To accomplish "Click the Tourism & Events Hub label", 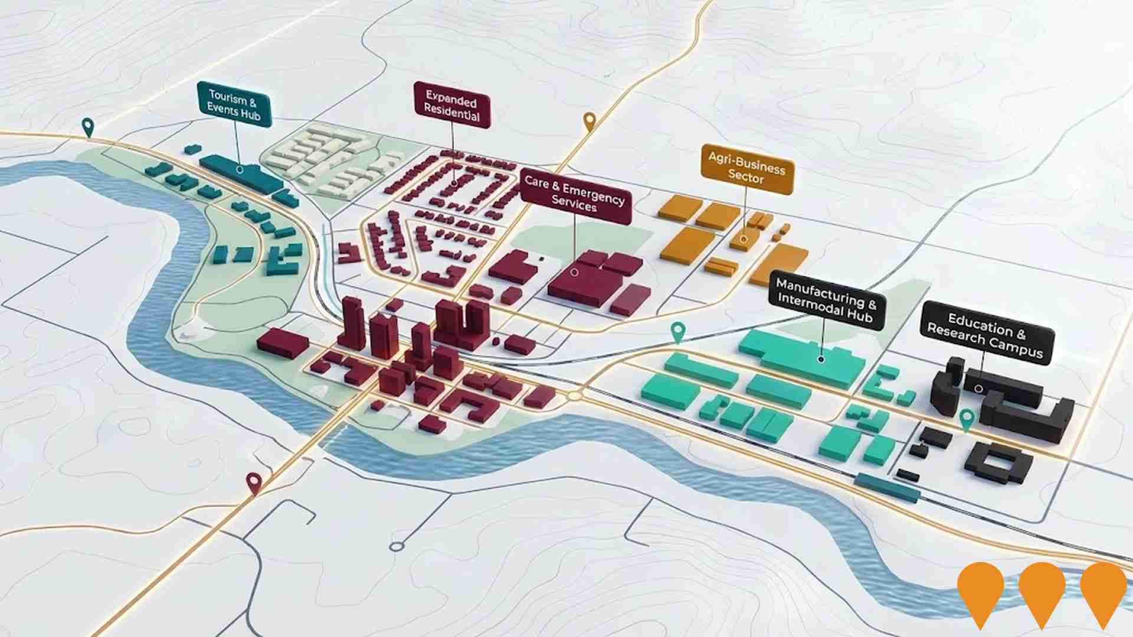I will [x=234, y=104].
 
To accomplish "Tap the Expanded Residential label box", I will [x=452, y=106].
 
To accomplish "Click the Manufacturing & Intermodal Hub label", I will [x=827, y=301].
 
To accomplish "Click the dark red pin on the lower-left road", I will [x=254, y=482].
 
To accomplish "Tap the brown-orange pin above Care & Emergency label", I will [x=590, y=122].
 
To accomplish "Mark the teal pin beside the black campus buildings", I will [x=966, y=419].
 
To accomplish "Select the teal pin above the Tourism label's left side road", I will [x=88, y=126].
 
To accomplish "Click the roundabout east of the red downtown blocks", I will [x=574, y=396].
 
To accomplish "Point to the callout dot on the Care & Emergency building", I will [x=574, y=272].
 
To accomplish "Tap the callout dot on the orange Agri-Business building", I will [x=744, y=239].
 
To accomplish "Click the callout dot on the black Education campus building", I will [x=979, y=389].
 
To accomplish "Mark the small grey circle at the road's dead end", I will [x=397, y=547].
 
